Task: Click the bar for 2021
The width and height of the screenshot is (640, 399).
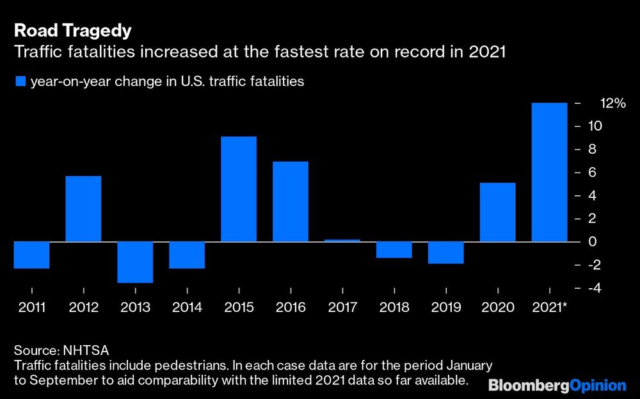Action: [549, 172]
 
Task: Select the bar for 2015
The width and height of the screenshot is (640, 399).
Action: [239, 189]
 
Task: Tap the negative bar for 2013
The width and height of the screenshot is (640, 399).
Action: [135, 262]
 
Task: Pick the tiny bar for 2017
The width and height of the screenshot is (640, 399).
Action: [342, 240]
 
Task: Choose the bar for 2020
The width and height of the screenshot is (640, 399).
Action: [497, 212]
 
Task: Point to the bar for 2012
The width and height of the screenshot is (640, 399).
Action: [83, 209]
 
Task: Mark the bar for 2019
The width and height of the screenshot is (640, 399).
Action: [445, 252]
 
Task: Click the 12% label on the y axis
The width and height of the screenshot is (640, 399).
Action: [612, 103]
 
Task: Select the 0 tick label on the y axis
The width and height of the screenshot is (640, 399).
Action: [593, 242]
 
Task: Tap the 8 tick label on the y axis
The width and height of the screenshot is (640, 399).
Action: [593, 149]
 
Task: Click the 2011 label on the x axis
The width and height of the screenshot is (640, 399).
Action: [32, 307]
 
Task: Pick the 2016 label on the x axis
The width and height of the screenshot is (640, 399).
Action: [291, 307]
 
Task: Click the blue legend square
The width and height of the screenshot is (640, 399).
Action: [20, 81]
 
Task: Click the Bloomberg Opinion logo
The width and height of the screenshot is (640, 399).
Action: [557, 385]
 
